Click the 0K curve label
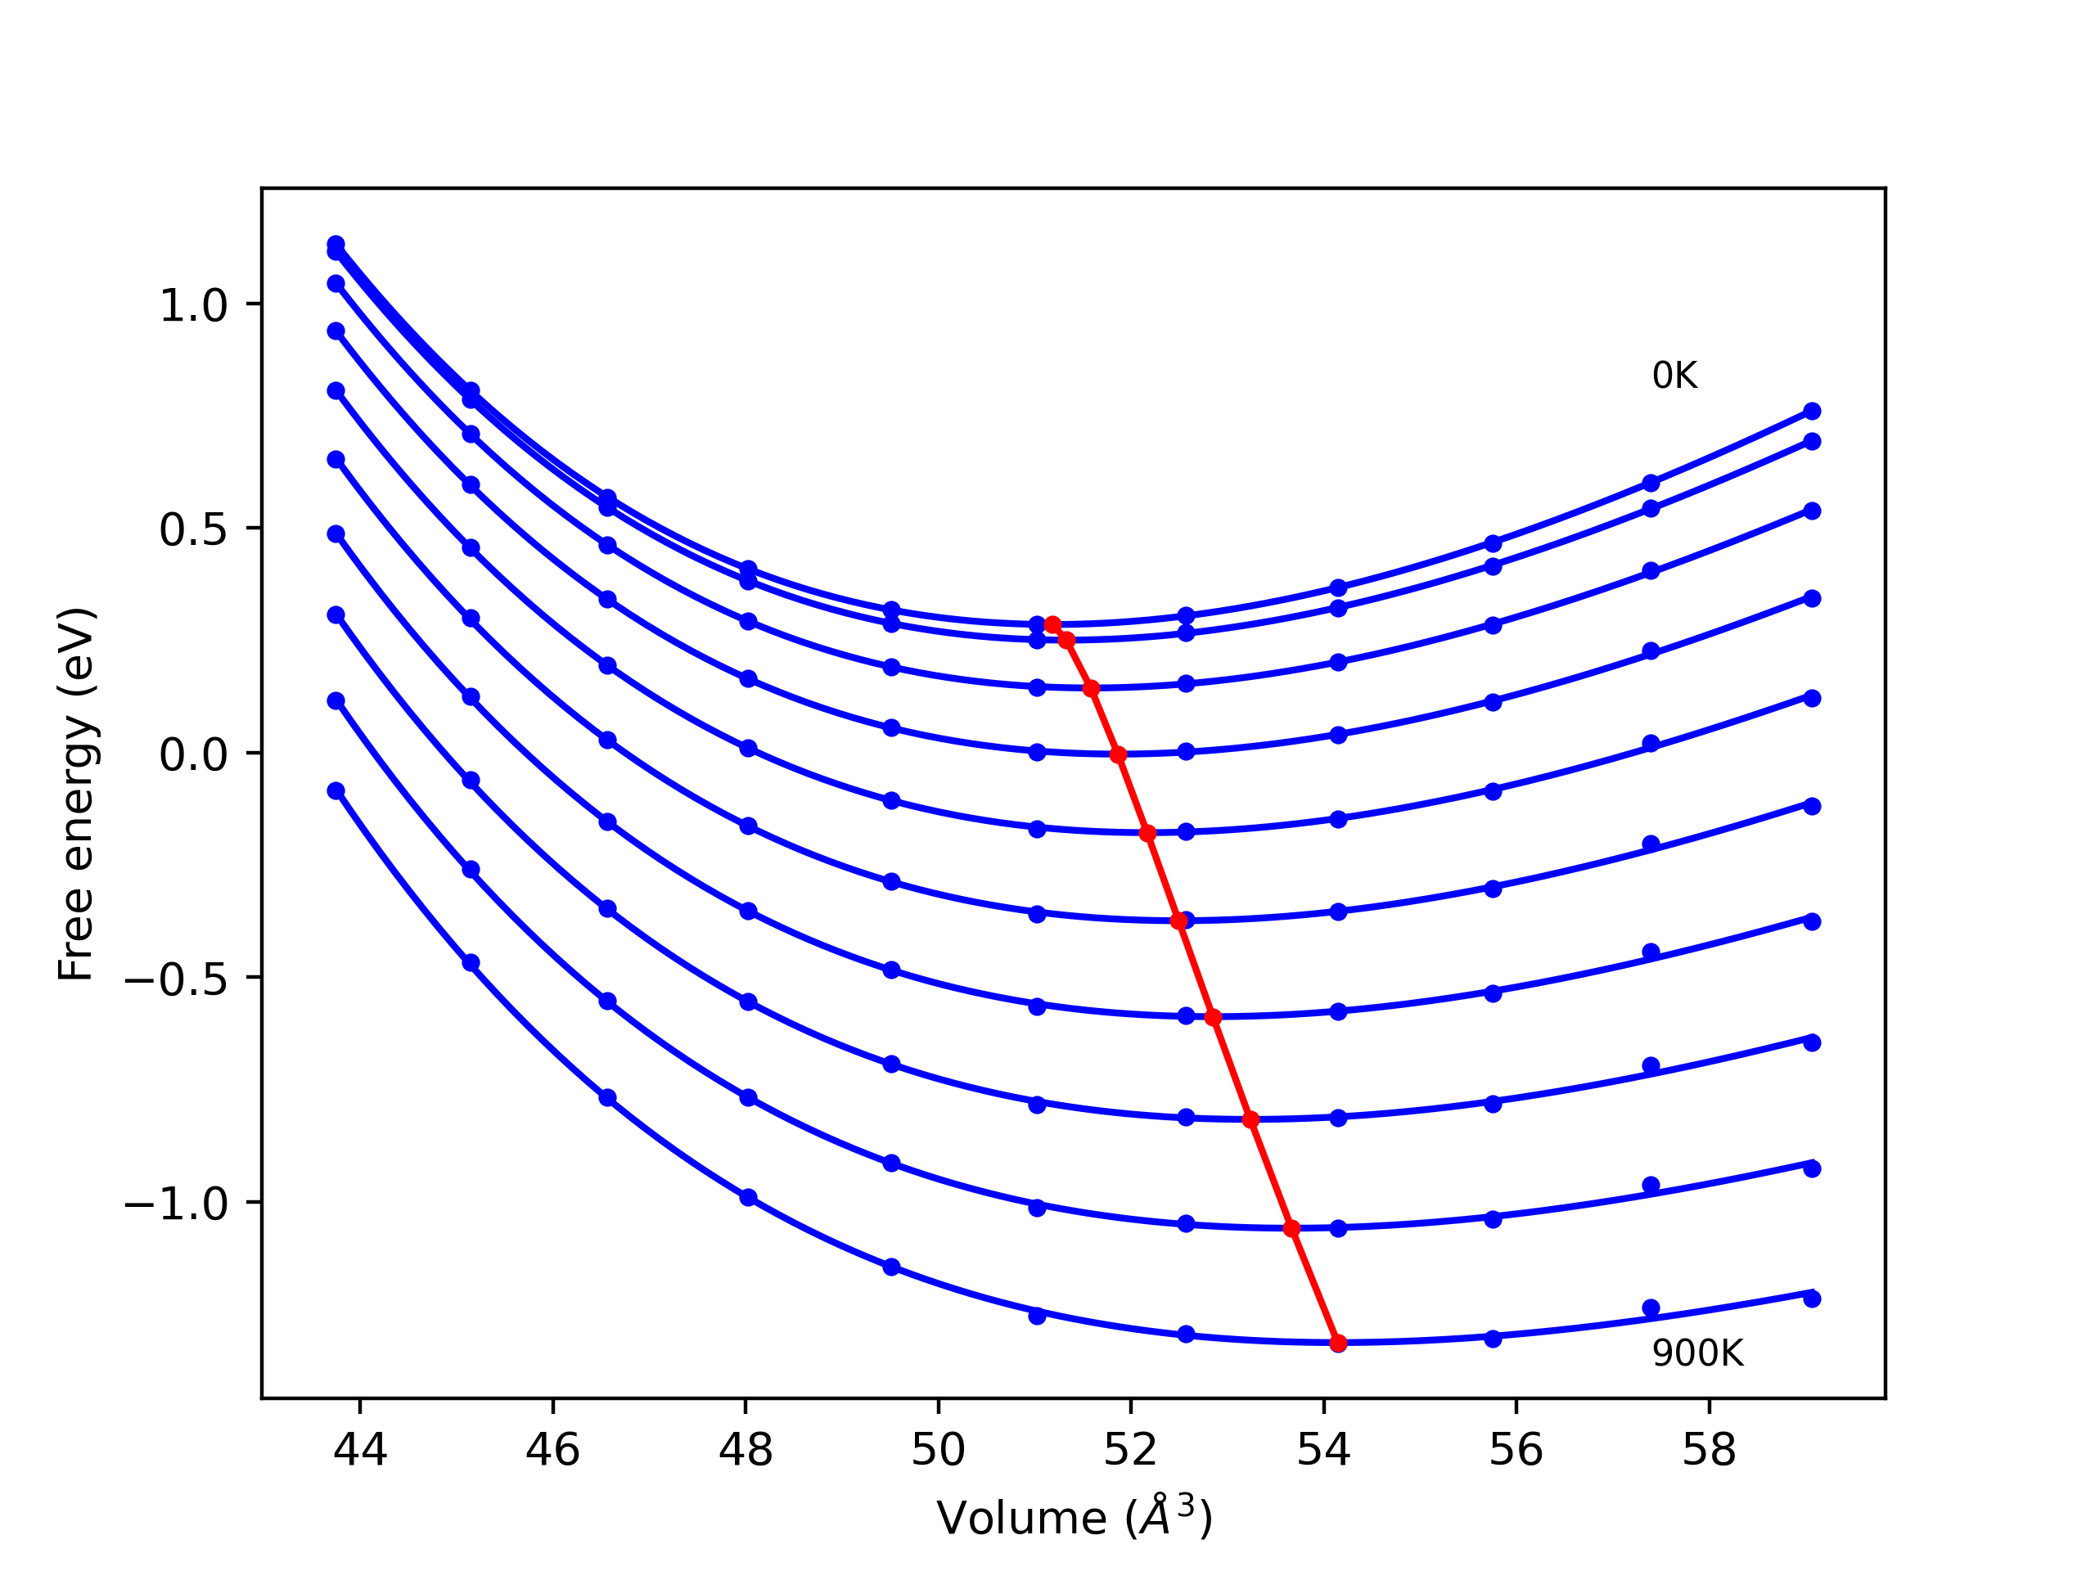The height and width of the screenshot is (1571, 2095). [1674, 376]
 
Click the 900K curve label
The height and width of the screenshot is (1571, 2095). [1697, 1354]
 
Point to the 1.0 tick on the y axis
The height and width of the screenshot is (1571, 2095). [193, 305]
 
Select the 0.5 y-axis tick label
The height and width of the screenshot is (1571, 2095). [193, 529]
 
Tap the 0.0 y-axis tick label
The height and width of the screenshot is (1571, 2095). [193, 754]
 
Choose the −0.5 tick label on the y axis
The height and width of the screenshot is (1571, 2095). [176, 980]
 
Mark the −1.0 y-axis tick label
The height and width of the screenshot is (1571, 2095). [176, 1204]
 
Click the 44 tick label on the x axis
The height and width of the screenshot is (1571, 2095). [360, 1451]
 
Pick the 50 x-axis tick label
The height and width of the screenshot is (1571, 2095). [938, 1451]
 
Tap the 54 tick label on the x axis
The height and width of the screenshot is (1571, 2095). [1323, 1451]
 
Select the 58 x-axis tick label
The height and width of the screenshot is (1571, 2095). [1709, 1451]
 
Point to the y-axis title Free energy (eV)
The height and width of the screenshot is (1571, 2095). [76, 794]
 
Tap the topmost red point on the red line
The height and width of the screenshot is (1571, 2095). [1052, 624]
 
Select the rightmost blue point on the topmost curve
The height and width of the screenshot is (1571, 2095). [1812, 411]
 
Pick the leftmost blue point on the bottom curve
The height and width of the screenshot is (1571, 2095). [336, 790]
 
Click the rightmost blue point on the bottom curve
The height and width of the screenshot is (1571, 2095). [1812, 1299]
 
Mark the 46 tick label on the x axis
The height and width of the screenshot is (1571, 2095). [552, 1451]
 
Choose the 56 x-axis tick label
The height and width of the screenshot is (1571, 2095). [1516, 1451]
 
